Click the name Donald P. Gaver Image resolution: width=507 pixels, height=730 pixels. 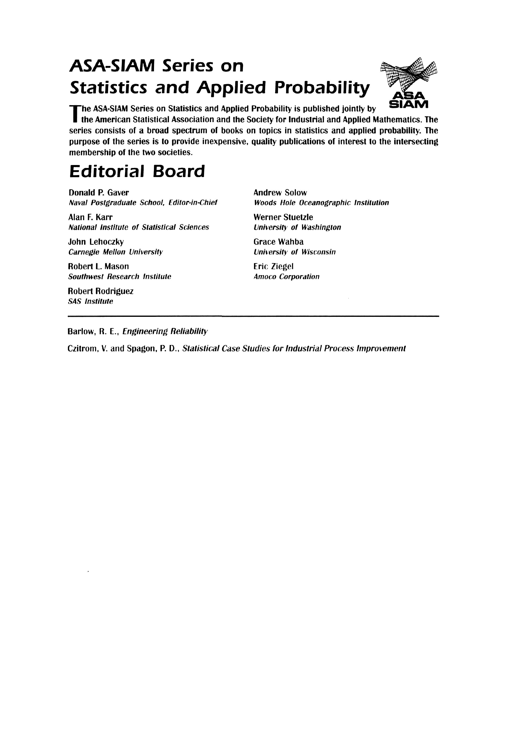point(99,193)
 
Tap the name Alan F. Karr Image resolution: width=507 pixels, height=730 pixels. point(90,217)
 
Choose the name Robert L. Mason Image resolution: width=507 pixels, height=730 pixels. point(99,267)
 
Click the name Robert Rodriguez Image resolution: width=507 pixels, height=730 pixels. point(101,291)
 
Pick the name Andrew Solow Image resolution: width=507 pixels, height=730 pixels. point(280,193)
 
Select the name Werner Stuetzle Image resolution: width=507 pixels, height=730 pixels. point(283,217)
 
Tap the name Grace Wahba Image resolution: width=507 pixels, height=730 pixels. point(278,242)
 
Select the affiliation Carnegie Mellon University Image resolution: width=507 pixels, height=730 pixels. point(116,252)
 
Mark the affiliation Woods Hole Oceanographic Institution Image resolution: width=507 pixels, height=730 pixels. point(321,203)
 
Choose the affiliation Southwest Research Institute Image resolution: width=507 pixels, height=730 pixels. point(120,277)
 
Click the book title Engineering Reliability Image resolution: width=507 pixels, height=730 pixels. point(165,332)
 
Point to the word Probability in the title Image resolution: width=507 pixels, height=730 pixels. point(322,88)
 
